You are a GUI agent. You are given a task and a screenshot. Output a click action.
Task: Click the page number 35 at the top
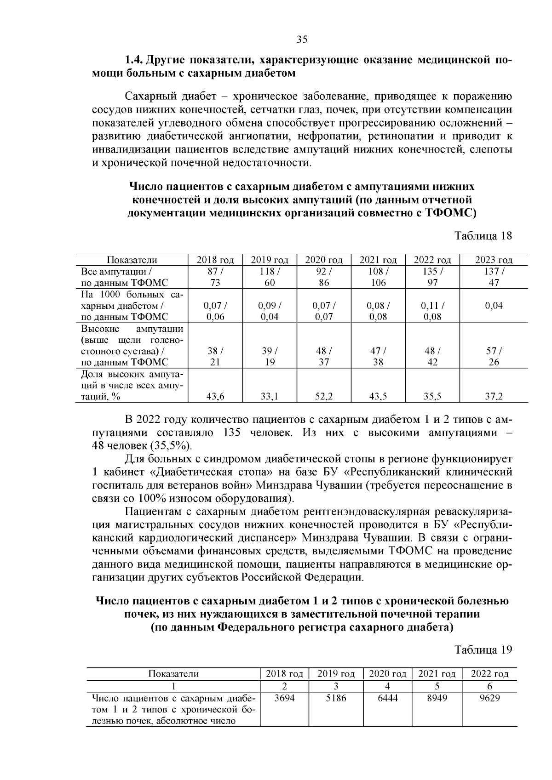tap(302, 40)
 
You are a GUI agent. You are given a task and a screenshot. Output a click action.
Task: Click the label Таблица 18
tap(483, 236)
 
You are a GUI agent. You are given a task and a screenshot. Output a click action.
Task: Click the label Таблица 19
tap(483, 650)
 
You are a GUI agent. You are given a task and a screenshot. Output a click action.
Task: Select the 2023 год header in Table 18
tap(494, 260)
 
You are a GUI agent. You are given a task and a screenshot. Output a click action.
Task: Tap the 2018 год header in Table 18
tap(215, 260)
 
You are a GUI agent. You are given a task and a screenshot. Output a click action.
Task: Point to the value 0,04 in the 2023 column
tap(494, 306)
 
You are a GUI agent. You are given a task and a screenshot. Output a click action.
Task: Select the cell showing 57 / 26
tap(494, 356)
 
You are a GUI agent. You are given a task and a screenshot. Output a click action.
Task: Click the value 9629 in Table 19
tap(489, 698)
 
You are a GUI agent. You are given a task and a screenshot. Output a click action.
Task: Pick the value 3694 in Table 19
tap(284, 698)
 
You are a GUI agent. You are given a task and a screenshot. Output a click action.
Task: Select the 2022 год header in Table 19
tap(489, 674)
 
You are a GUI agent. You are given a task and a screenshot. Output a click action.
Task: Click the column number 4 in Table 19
tap(387, 686)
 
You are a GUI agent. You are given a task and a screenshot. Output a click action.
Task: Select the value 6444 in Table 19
tap(387, 698)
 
